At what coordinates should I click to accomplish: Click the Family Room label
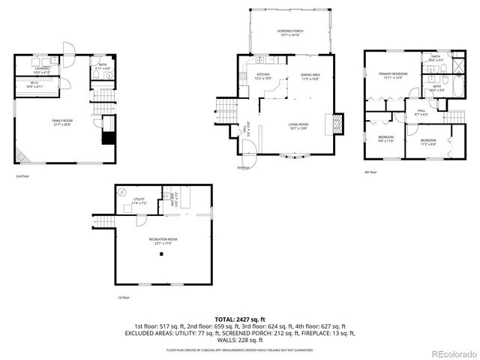click(61, 121)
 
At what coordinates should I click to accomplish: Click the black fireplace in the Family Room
click(107, 138)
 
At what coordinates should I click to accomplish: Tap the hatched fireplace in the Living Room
click(337, 124)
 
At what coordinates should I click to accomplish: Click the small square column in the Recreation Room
click(160, 254)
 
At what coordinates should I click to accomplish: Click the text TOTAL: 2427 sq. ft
click(240, 319)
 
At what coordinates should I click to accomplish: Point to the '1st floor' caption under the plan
click(124, 298)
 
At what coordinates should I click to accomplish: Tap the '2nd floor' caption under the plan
click(22, 176)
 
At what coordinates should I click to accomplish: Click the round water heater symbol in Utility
click(123, 191)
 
